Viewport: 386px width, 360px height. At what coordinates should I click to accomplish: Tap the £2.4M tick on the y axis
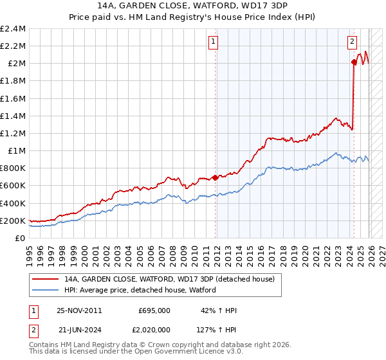pyautogui.click(x=13, y=29)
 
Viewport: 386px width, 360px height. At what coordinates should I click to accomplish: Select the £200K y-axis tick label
pyautogui.click(x=13, y=221)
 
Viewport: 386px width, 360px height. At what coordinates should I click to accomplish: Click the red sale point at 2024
pyautogui.click(x=354, y=62)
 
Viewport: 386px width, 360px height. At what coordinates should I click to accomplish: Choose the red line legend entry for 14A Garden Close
pyautogui.click(x=169, y=279)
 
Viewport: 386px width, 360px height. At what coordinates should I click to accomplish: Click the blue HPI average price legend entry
pyautogui.click(x=140, y=290)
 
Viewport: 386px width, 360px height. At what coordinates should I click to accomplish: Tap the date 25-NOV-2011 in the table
pyautogui.click(x=79, y=310)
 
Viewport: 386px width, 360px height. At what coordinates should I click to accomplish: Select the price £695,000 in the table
pyautogui.click(x=154, y=310)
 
